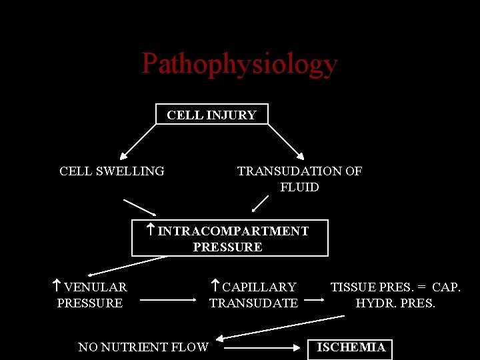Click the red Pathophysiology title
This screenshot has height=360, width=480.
[239, 64]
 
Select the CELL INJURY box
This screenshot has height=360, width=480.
[211, 115]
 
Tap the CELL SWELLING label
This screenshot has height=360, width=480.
[111, 171]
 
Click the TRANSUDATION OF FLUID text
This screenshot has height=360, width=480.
[299, 179]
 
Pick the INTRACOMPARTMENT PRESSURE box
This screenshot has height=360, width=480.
[230, 239]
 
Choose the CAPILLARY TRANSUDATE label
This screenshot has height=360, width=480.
[253, 295]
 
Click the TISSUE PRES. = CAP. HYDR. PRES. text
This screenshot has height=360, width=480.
[395, 295]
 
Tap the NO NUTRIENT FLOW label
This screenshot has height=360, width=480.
[143, 347]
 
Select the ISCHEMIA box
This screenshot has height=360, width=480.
[351, 347]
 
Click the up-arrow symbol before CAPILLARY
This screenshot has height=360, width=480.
[215, 287]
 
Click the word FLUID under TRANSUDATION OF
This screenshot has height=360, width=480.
[299, 187]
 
